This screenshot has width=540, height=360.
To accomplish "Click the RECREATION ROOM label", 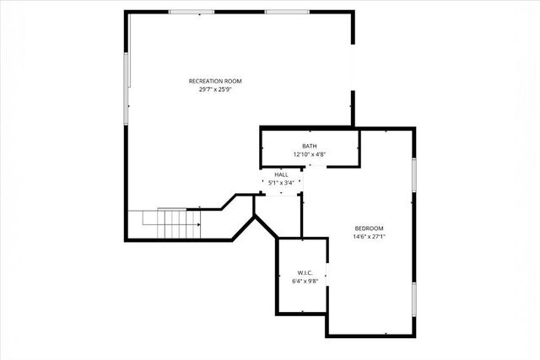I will pos(215,81).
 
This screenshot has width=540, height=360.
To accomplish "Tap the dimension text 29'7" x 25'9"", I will pos(215,89).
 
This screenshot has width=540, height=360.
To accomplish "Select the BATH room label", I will pos(309,147).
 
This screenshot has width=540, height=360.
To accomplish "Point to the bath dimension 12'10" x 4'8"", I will pos(309,154).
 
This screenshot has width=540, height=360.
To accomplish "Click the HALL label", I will pos(281,175).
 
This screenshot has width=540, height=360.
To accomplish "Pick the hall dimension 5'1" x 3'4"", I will pos(281,182).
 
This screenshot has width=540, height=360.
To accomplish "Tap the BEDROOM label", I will pos(369,228).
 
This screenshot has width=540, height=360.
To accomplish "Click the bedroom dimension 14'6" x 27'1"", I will pos(369,236).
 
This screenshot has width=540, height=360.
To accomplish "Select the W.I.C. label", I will pos(305,272).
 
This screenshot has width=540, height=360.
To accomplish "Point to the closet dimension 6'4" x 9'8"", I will pos(305,280).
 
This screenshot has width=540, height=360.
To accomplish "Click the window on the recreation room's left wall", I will pos(127,89).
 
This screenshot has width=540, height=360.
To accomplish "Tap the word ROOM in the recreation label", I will pos(233,81).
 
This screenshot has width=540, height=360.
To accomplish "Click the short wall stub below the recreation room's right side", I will pos(353,110).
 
